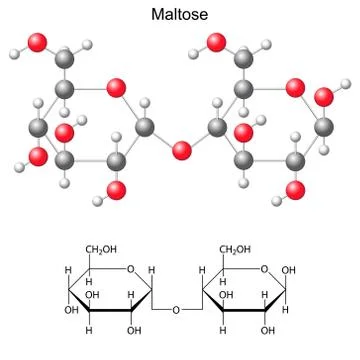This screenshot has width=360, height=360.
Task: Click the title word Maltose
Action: coord(180,15)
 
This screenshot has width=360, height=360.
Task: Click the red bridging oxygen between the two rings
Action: coord(181,151)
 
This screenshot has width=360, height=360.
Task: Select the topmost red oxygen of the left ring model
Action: coord(38,42)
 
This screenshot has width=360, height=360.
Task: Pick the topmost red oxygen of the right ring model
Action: coord(214,42)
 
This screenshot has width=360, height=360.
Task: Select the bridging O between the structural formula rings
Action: coord(175,310)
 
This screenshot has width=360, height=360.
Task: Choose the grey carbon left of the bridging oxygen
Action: coord(144,127)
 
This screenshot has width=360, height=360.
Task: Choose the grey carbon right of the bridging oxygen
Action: coord(218,127)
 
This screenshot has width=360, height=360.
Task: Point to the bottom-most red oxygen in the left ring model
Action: coord(118,189)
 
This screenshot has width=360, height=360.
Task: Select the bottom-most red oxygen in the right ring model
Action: coord(295,189)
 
